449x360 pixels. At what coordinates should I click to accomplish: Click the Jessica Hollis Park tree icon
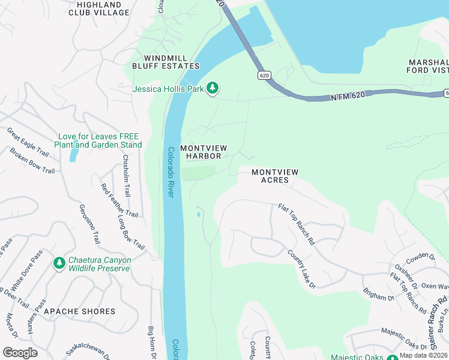[x=212, y=89]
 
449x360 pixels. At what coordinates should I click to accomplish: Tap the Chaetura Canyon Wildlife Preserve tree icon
[x=59, y=263]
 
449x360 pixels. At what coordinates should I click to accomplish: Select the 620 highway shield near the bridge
[x=265, y=75]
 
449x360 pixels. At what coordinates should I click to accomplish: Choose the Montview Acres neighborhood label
[x=274, y=176]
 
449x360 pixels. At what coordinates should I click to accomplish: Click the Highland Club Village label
[x=99, y=8]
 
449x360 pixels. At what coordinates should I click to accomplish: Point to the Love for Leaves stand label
[x=98, y=140]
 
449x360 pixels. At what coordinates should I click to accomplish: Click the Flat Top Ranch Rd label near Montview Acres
[x=297, y=225]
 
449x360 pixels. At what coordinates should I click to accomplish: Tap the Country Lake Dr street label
[x=301, y=269]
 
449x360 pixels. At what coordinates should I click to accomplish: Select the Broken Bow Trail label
[x=32, y=160]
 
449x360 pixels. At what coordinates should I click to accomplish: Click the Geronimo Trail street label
[x=89, y=223]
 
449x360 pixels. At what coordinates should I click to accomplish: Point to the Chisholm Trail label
[x=127, y=176]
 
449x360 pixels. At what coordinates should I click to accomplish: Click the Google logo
[x=20, y=353]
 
